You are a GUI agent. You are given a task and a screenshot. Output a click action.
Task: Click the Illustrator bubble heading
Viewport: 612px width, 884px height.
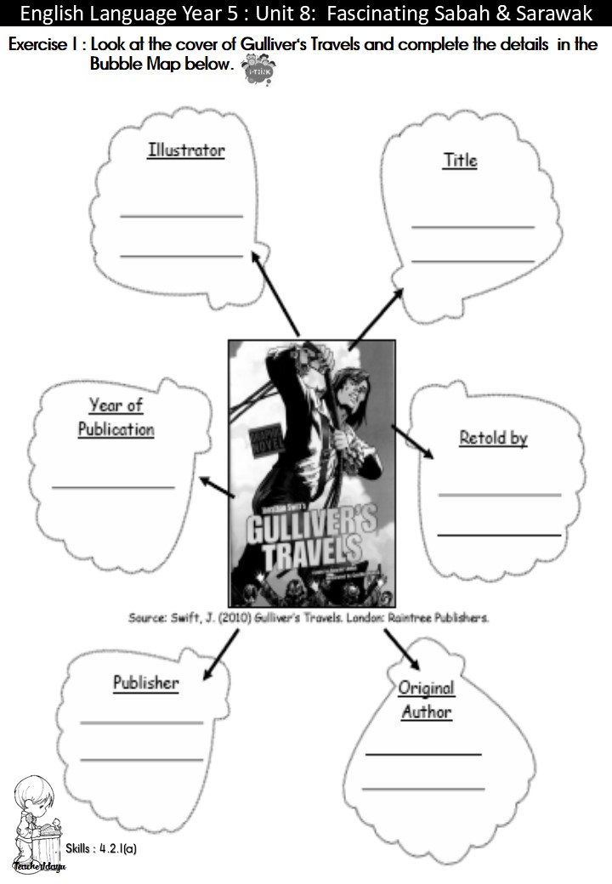(186, 150)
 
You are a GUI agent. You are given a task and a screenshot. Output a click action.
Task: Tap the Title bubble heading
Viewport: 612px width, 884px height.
(460, 160)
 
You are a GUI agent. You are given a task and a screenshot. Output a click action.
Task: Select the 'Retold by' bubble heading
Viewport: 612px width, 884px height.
(493, 438)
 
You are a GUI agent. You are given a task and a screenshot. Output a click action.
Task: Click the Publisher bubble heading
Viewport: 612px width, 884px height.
(146, 682)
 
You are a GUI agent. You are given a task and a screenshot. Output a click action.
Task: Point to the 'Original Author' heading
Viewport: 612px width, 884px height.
(426, 700)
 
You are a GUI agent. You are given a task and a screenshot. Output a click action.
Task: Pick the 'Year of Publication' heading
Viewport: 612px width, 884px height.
(116, 417)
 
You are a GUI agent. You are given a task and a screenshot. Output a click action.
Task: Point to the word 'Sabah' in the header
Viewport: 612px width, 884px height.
(469, 14)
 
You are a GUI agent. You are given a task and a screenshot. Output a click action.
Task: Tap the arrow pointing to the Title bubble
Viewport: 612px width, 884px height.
(377, 313)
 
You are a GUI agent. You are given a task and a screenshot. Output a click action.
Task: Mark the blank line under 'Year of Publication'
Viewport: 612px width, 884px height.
(113, 486)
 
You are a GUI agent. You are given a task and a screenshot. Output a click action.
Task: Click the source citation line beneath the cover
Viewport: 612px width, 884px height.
(308, 619)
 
